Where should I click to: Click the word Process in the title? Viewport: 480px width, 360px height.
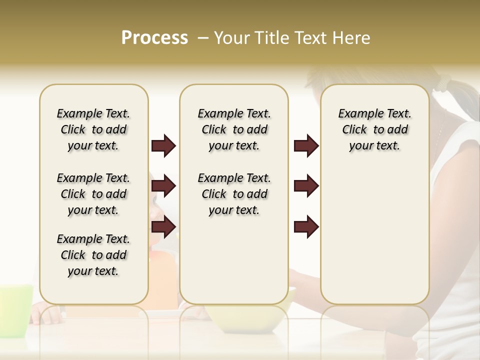coord(154,38)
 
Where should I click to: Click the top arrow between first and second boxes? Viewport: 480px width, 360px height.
coord(163,146)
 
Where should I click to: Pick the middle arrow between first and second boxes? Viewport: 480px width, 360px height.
coord(163,186)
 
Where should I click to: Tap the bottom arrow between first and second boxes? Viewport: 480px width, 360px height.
coord(163,227)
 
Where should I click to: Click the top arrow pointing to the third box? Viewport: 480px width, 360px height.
coord(306,146)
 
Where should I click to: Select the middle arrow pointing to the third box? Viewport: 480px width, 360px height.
coord(306,186)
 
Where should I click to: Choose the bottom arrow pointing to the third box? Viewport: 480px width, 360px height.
coord(306,227)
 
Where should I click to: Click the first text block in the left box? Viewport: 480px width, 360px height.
coord(93,129)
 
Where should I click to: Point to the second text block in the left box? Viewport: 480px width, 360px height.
coord(93,194)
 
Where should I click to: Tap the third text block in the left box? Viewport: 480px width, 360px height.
coord(93,255)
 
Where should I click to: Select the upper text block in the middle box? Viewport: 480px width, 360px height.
coord(234,129)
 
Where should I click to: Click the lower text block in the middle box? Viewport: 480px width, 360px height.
coord(234,194)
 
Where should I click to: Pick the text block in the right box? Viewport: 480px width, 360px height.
coord(375,129)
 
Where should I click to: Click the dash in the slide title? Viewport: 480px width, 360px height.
coord(203,38)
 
